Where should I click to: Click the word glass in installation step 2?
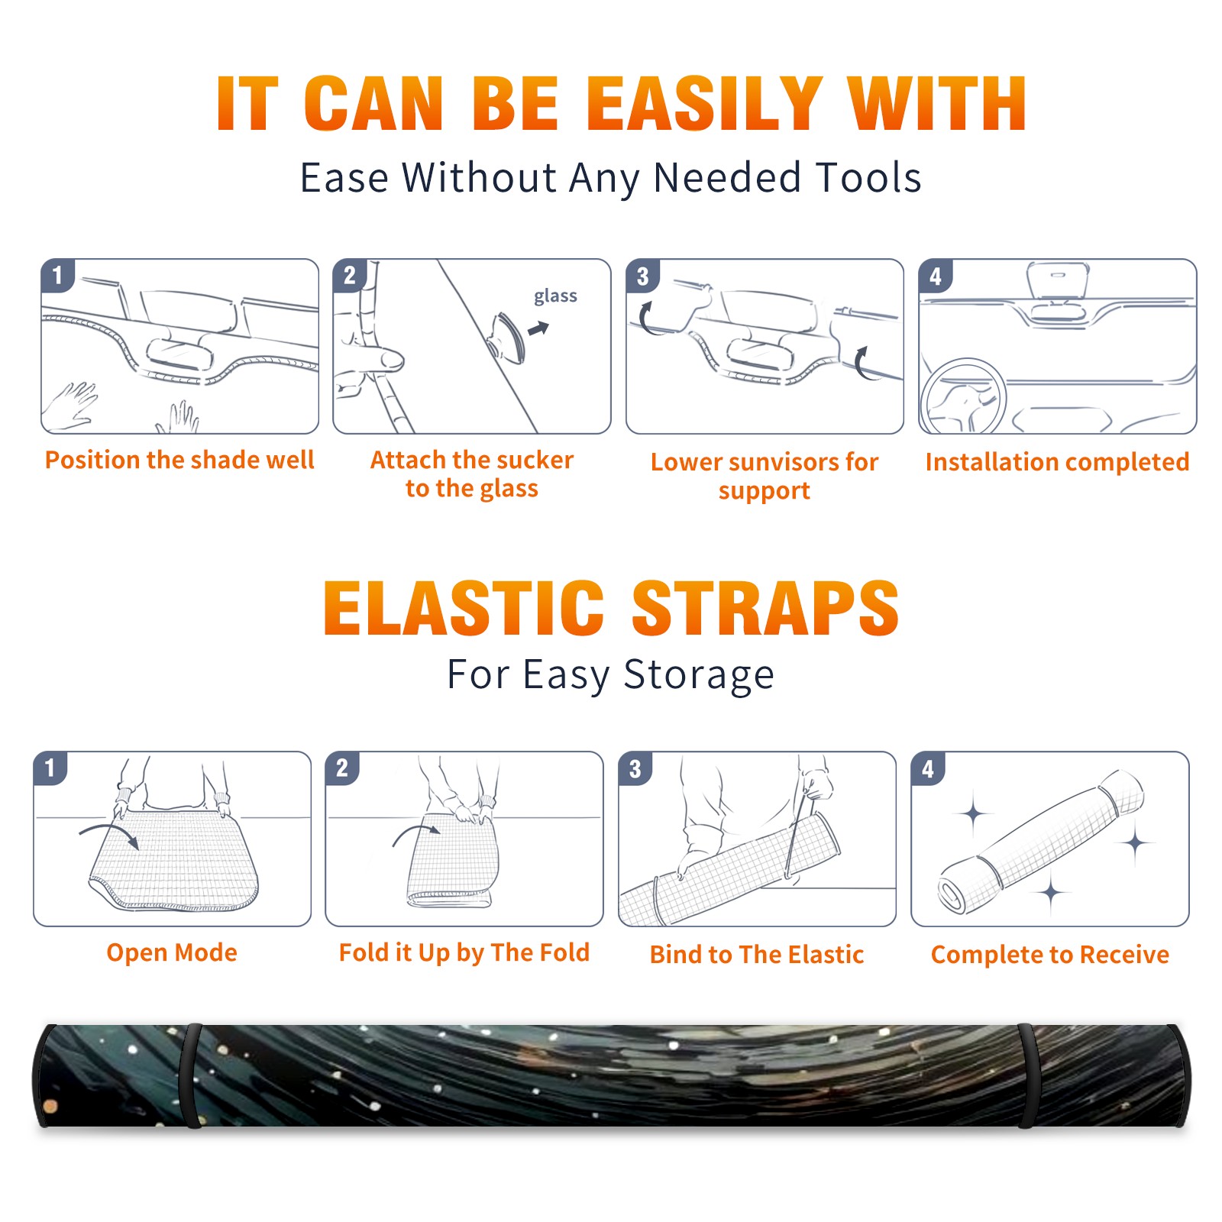pyautogui.click(x=555, y=296)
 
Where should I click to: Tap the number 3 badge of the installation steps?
pyautogui.click(x=642, y=276)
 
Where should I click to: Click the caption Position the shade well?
pyautogui.click(x=179, y=460)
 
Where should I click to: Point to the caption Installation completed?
pyautogui.click(x=1057, y=462)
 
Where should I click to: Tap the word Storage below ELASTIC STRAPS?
pyautogui.click(x=699, y=675)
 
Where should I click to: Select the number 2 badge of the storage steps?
pyautogui.click(x=342, y=768)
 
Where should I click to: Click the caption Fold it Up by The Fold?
pyautogui.click(x=464, y=952)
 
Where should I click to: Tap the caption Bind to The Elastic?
pyautogui.click(x=757, y=955)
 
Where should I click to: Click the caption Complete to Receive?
pyautogui.click(x=1050, y=955)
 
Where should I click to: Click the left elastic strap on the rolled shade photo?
pyautogui.click(x=191, y=1076)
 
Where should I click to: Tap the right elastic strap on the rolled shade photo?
pyautogui.click(x=1027, y=1076)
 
